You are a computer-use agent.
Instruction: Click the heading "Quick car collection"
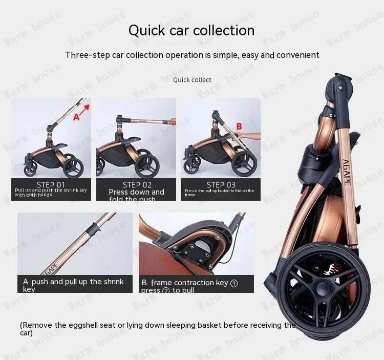pyautogui.click(x=191, y=30)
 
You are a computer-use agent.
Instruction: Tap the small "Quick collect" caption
pyautogui.click(x=192, y=80)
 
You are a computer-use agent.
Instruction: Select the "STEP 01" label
pyautogui.click(x=51, y=184)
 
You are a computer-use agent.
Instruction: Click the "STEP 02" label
pyautogui.click(x=137, y=185)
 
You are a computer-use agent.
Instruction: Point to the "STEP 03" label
pyautogui.click(x=221, y=184)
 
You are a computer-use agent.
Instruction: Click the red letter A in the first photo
pyautogui.click(x=77, y=117)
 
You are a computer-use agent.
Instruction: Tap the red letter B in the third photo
pyautogui.click(x=239, y=126)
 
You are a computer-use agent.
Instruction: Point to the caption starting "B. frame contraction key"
pyautogui.click(x=189, y=282)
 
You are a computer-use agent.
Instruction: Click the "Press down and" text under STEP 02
pyautogui.click(x=136, y=192)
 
